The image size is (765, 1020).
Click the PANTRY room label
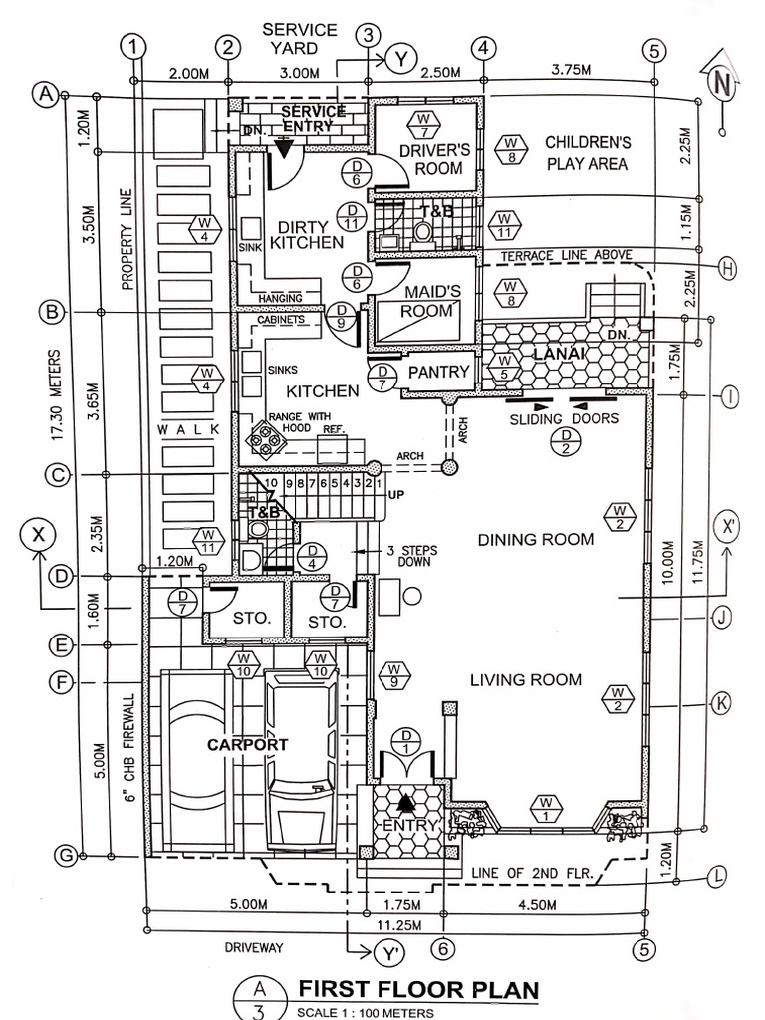pos(438,372)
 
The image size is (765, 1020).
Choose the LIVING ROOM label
pos(525,680)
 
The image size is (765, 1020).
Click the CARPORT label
pos(247,744)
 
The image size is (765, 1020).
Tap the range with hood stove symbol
pos(267,434)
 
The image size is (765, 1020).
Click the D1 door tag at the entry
pos(407,741)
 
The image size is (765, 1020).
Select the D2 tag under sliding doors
pos(567,442)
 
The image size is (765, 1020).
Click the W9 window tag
pos(395,675)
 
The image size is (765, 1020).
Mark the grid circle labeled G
pos(65,856)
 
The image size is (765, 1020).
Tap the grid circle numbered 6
pos(444,948)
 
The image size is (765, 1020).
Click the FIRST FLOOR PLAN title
pos(418,990)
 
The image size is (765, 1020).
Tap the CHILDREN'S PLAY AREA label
pos(587,152)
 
